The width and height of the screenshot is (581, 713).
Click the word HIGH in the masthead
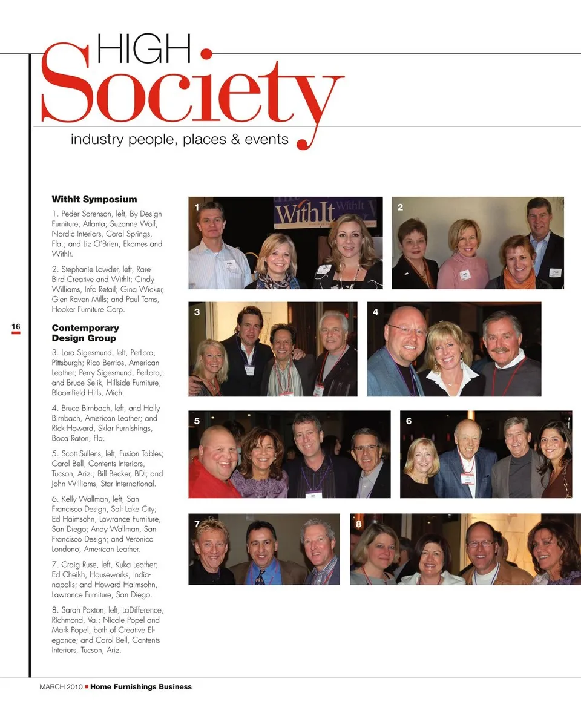pyautogui.click(x=143, y=49)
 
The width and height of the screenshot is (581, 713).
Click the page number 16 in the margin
pyautogui.click(x=16, y=327)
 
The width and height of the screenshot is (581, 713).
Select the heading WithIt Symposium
pyautogui.click(x=94, y=199)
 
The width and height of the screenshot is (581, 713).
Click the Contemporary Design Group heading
pyautogui.click(x=85, y=333)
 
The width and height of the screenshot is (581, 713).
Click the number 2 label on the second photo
pyautogui.click(x=400, y=208)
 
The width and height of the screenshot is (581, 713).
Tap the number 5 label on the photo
pyautogui.click(x=197, y=421)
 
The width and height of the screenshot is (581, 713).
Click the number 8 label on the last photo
pyautogui.click(x=359, y=524)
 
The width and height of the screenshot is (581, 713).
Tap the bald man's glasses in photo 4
pyautogui.click(x=407, y=330)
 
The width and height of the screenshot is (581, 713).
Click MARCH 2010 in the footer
pyautogui.click(x=61, y=686)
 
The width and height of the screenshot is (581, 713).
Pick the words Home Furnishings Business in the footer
pyautogui.click(x=141, y=686)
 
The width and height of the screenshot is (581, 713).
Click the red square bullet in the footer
pyautogui.click(x=87, y=686)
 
